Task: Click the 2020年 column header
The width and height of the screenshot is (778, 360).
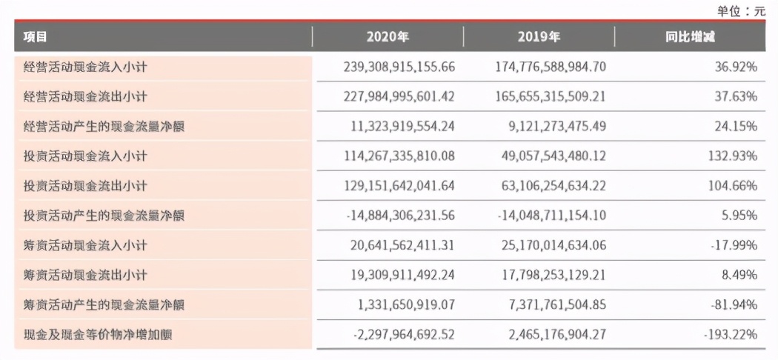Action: (388, 37)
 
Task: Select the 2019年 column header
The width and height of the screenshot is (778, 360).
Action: (539, 37)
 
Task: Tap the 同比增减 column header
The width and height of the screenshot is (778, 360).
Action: (690, 37)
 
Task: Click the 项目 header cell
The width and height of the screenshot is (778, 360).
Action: (35, 37)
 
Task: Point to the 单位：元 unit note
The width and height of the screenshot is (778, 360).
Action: (740, 10)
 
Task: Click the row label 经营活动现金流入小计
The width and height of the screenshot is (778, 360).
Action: (85, 67)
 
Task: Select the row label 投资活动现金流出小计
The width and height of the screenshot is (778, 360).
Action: (85, 186)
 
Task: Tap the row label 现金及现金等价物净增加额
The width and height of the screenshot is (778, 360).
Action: (98, 335)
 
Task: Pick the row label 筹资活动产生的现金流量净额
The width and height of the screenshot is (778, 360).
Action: (104, 305)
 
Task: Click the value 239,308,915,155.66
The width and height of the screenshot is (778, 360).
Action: (399, 67)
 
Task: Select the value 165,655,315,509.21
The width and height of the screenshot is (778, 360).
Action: (551, 96)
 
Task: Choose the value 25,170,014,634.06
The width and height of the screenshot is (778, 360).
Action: (551, 245)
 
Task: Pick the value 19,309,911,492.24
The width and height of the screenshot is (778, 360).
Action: (402, 275)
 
